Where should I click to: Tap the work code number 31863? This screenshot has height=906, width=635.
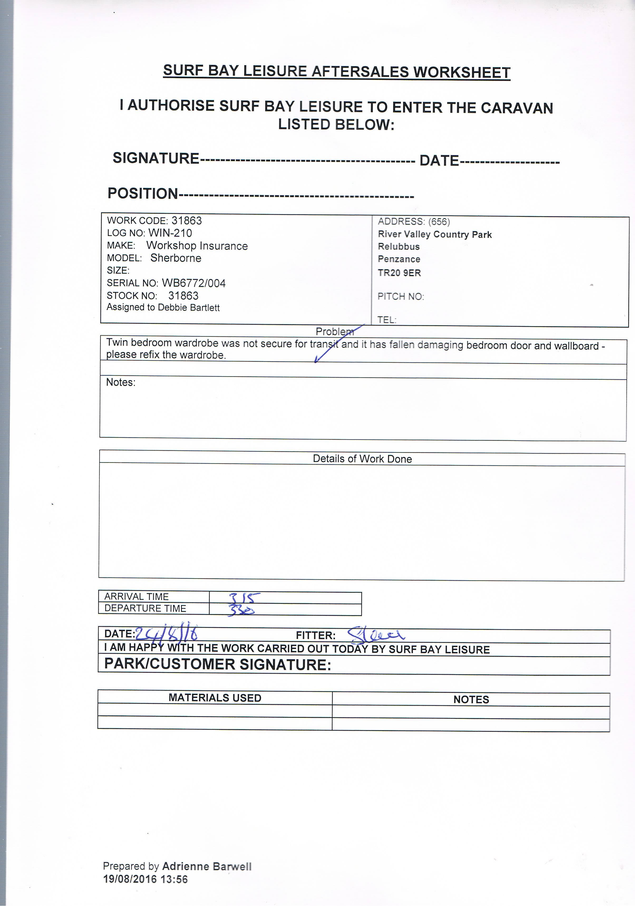[x=187, y=221]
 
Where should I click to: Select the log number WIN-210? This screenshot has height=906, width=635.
[x=170, y=233]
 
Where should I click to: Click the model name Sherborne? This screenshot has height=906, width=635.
[x=176, y=258]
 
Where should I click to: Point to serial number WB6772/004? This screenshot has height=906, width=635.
[x=194, y=283]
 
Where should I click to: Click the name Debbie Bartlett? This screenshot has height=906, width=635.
[x=188, y=308]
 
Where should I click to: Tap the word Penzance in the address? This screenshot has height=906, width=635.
[x=399, y=259]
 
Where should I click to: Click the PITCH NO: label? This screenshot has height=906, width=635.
[x=400, y=297]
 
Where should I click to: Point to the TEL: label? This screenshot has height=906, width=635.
[x=386, y=320]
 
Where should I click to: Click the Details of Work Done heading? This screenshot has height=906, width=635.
[x=362, y=459]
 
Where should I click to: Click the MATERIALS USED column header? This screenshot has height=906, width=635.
[x=215, y=698]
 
